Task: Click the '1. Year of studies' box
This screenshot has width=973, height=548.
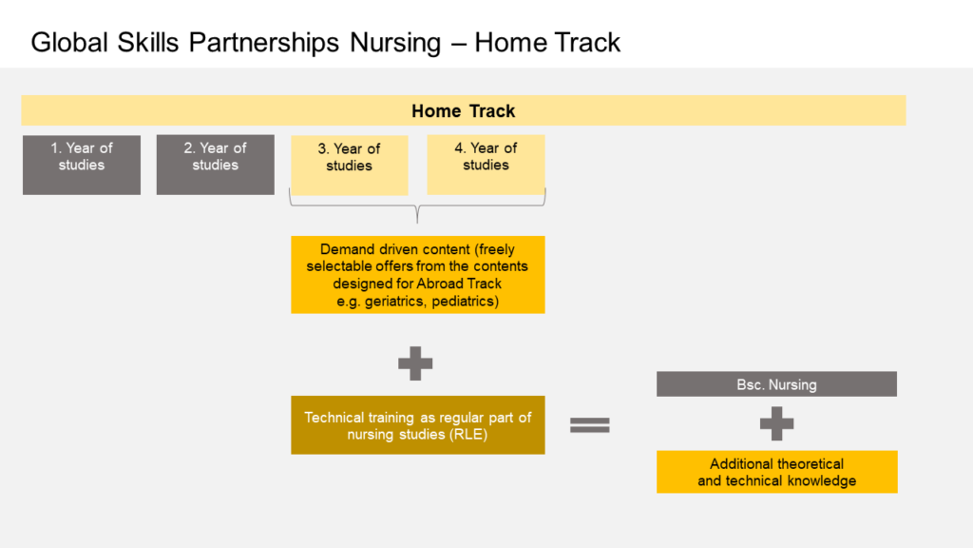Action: (82, 165)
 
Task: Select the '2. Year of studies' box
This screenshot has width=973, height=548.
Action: (216, 165)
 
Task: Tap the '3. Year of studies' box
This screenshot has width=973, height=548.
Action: (350, 166)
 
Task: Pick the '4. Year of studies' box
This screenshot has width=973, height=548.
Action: (486, 165)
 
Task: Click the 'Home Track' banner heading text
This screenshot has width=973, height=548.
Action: (463, 111)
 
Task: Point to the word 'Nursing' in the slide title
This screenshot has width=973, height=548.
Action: (395, 43)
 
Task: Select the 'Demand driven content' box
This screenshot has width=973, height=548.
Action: (418, 275)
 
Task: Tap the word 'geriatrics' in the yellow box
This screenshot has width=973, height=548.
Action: (395, 302)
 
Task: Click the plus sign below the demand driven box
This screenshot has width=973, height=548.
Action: (415, 363)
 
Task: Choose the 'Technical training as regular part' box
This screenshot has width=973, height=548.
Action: (418, 425)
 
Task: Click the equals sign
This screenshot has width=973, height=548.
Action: (589, 425)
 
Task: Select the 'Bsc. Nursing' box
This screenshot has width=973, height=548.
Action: (776, 384)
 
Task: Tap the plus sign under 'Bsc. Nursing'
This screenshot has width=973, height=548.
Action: (776, 423)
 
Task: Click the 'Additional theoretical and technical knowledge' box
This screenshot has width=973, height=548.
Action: (777, 472)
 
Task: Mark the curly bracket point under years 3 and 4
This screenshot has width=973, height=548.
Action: (418, 223)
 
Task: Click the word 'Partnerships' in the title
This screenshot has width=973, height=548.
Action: (264, 43)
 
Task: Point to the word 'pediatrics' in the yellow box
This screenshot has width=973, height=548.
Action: (465, 302)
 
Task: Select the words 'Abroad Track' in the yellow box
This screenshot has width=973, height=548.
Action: (459, 284)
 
